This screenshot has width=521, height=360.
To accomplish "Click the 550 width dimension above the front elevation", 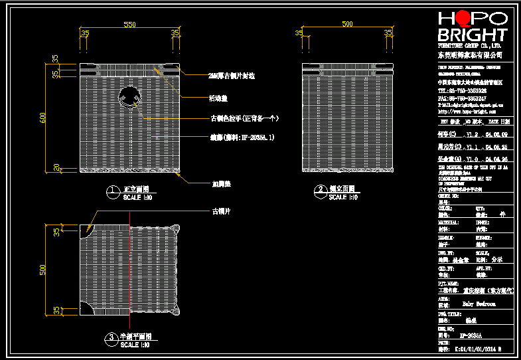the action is (130, 25).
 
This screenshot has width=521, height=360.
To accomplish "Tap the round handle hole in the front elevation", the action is (129, 98).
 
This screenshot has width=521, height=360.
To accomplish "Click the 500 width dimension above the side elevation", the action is (347, 25).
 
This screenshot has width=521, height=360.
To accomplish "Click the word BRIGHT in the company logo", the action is (472, 35).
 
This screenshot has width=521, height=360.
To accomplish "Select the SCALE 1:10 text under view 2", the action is (343, 197).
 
